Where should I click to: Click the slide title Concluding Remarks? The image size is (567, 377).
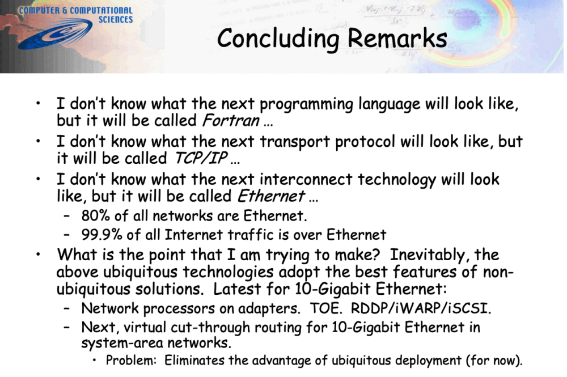click(x=332, y=39)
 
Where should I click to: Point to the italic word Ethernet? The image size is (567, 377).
click(x=270, y=196)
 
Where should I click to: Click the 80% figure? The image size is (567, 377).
click(x=94, y=216)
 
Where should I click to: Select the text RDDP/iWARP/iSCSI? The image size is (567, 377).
click(x=421, y=309)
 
